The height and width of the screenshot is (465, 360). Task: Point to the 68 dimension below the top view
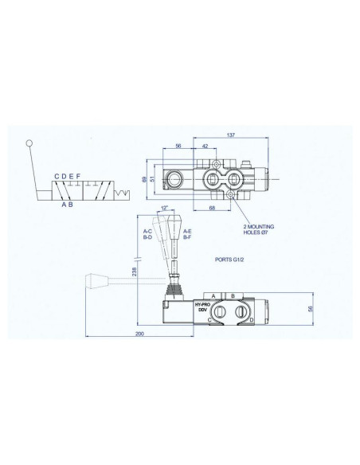[x=213, y=209]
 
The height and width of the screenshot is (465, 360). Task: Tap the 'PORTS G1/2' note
[x=231, y=260]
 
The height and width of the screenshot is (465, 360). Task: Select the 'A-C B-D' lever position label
[x=148, y=235]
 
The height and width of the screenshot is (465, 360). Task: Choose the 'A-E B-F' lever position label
[x=186, y=235]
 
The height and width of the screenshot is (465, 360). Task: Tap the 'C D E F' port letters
[x=68, y=176]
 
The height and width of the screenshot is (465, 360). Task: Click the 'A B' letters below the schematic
[x=68, y=205]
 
